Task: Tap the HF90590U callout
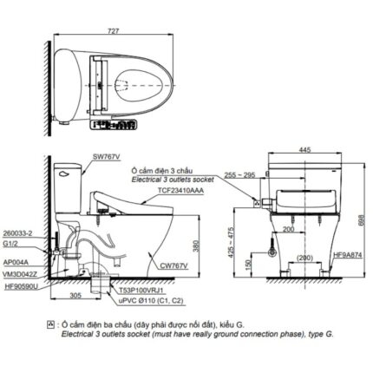(x=23, y=285)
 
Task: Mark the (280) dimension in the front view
(x=304, y=258)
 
